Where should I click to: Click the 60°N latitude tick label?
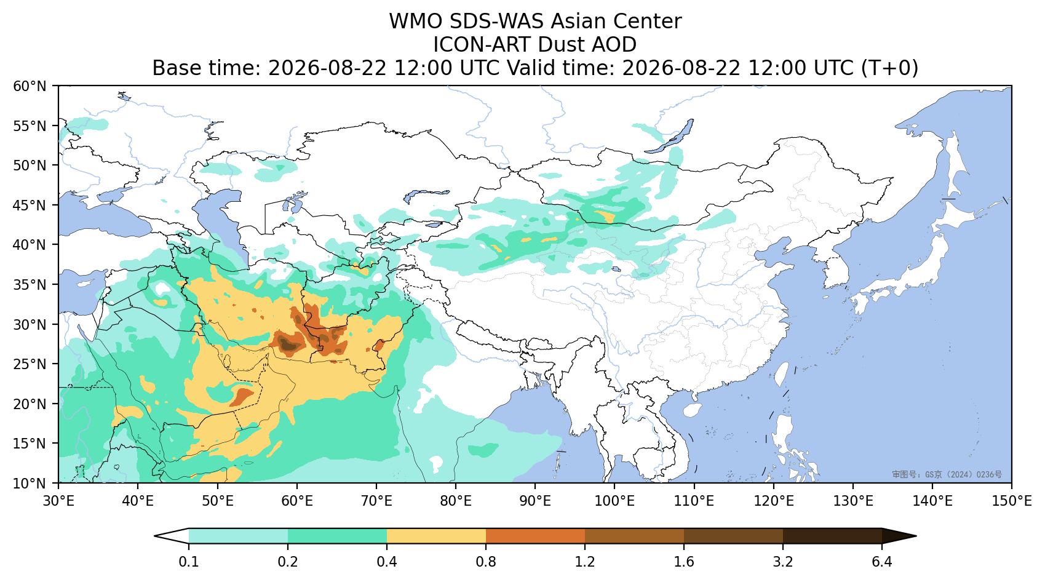tap(30, 86)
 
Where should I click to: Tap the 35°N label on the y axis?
tap(30, 285)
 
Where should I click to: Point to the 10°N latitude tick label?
tap(30, 483)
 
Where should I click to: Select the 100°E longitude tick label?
tap(614, 501)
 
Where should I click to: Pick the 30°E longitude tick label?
tap(58, 501)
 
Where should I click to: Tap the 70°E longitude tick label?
tap(376, 501)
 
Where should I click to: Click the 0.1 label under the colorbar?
tap(189, 562)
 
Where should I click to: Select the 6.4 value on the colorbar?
tap(882, 562)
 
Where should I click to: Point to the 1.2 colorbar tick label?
tap(585, 562)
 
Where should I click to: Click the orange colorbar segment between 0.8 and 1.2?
tap(536, 536)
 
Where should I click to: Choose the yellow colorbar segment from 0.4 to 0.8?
tap(436, 536)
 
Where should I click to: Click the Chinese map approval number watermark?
tap(947, 475)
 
